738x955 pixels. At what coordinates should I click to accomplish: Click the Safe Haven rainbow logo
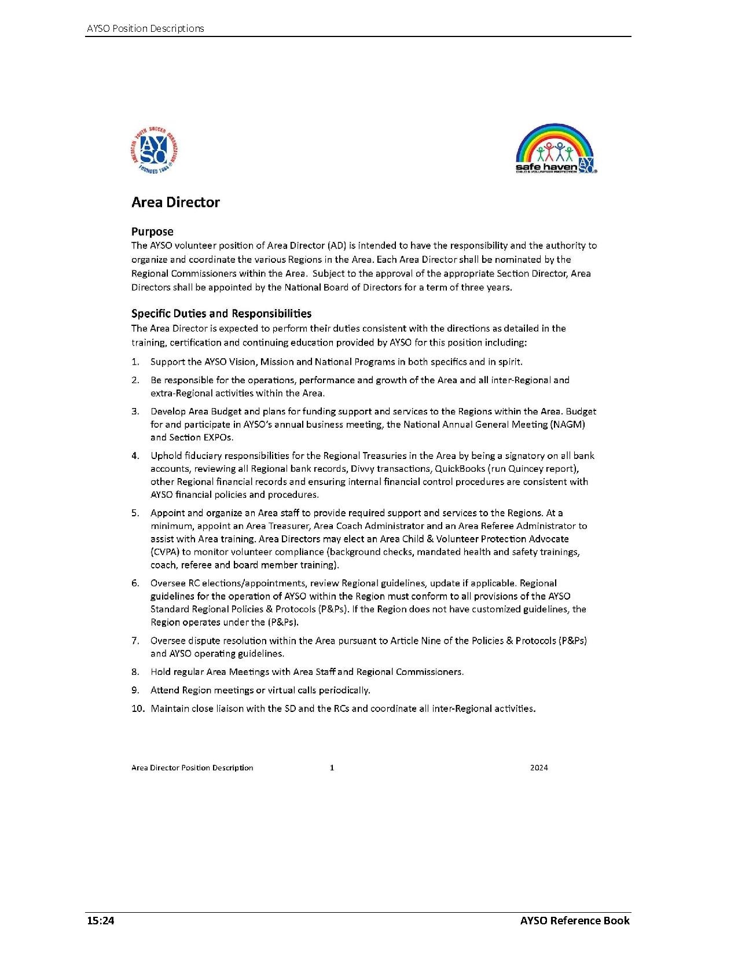(x=555, y=148)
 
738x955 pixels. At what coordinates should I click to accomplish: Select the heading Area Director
(x=175, y=202)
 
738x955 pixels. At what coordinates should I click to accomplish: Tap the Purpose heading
(x=152, y=232)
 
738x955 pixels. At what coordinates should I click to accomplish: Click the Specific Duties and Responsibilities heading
(x=221, y=314)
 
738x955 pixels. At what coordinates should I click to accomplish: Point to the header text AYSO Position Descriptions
(x=145, y=28)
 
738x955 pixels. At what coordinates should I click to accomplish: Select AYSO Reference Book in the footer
(x=574, y=921)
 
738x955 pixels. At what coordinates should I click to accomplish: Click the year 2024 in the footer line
(x=539, y=768)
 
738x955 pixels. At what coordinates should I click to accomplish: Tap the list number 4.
(x=135, y=456)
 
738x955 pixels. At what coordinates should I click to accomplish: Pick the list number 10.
(x=138, y=708)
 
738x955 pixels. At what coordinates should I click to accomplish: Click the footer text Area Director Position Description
(x=192, y=768)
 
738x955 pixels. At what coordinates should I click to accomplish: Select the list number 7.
(x=135, y=641)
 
